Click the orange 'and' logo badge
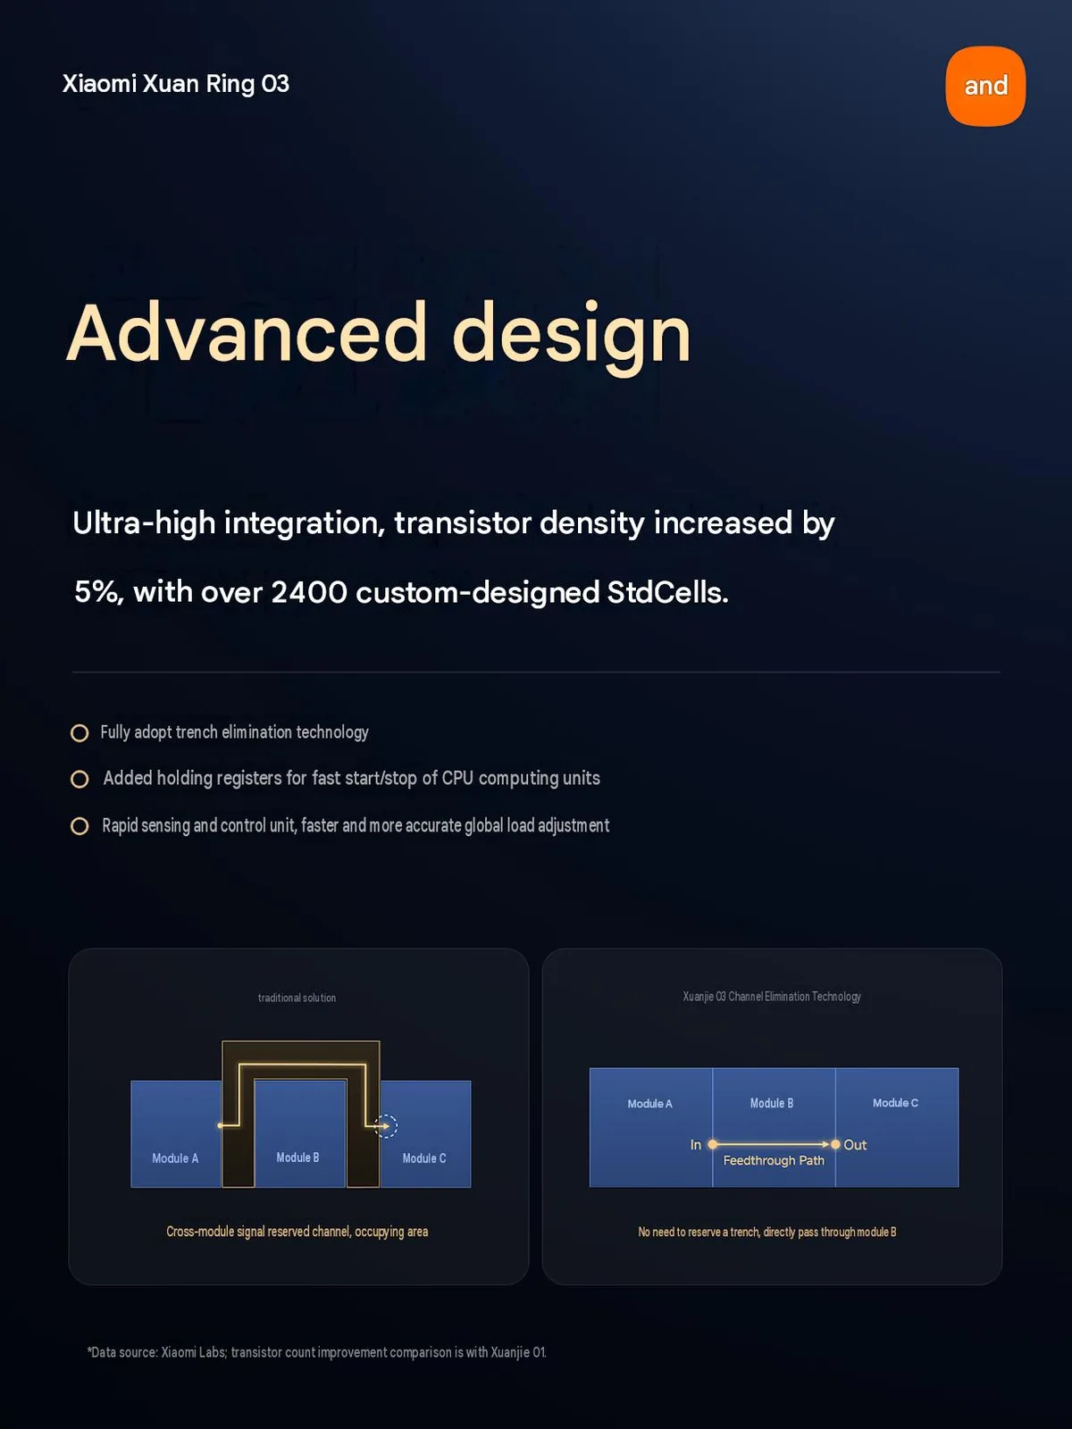tap(985, 86)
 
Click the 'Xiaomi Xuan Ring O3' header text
tap(176, 84)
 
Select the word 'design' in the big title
tap(572, 337)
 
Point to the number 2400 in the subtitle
tap(309, 592)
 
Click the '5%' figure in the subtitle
tap(98, 592)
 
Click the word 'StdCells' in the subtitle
tap(667, 592)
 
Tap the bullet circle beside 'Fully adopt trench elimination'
tap(80, 733)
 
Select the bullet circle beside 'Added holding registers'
tap(80, 780)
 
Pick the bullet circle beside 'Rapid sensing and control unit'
tap(80, 826)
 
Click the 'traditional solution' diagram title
tap(297, 998)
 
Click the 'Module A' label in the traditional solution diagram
tap(175, 1158)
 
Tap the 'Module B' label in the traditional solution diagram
tap(297, 1157)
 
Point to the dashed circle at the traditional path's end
tap(387, 1126)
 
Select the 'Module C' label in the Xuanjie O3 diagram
tap(895, 1103)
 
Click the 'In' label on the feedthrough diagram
tap(696, 1144)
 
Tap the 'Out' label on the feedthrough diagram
tap(855, 1144)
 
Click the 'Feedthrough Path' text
tap(774, 1161)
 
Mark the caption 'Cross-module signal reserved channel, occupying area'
tap(297, 1232)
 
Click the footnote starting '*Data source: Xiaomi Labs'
tap(316, 1352)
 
